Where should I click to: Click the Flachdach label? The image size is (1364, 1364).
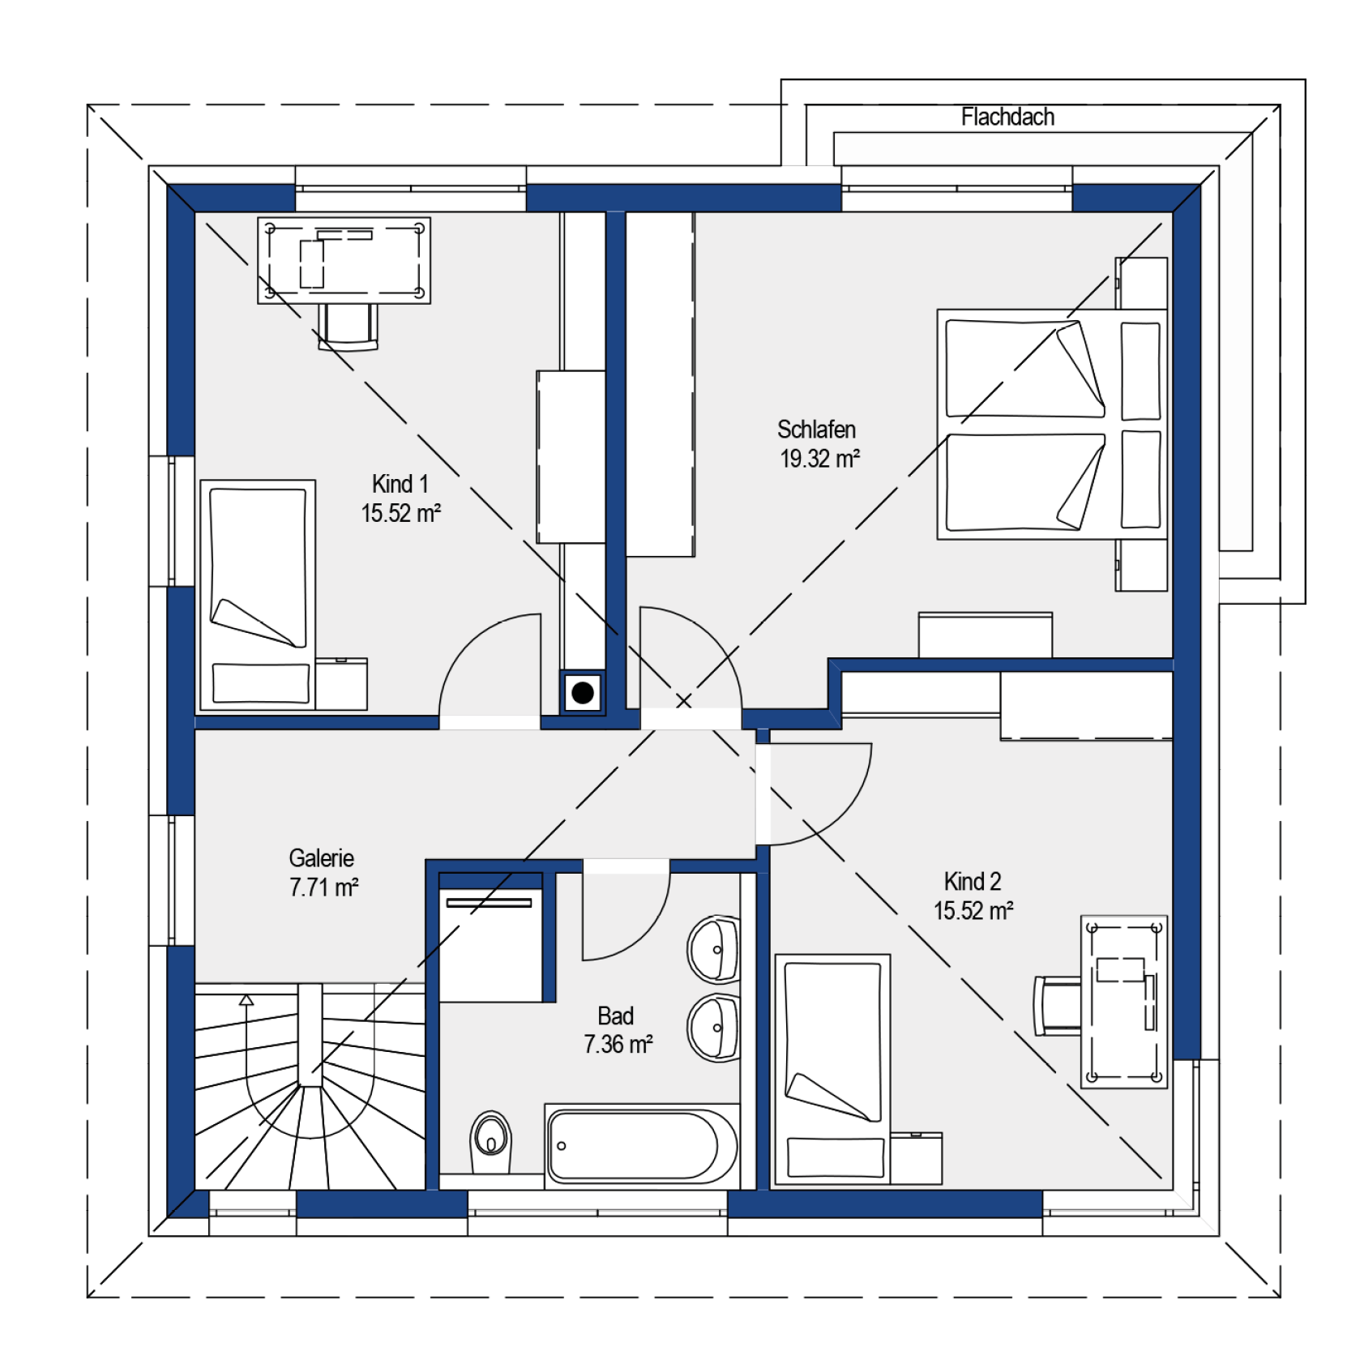coord(1007,118)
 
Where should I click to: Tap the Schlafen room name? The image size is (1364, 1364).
coord(816,430)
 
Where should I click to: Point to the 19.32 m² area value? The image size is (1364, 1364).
coord(819,459)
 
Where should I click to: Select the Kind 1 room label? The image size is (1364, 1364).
coord(400,484)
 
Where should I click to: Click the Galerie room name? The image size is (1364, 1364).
coord(322,858)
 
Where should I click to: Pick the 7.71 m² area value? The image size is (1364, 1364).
coord(324,887)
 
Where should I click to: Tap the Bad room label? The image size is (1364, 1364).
coord(615,1016)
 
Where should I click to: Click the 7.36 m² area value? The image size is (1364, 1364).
coord(618,1045)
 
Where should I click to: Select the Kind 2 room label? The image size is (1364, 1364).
coord(973,881)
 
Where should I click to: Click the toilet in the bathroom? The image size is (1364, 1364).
coord(490,1141)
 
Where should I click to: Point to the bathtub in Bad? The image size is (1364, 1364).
coord(641,1146)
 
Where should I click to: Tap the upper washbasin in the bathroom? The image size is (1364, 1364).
coord(713,949)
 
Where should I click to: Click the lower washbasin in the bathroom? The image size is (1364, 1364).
coord(713,1028)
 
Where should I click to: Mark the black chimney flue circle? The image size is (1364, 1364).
coord(583,693)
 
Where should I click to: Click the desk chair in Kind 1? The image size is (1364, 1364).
coord(348,327)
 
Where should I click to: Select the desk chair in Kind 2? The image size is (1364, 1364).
coord(1058,1006)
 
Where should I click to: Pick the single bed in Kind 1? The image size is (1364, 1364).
coord(258,595)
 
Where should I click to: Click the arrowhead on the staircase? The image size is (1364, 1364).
coord(246,1000)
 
